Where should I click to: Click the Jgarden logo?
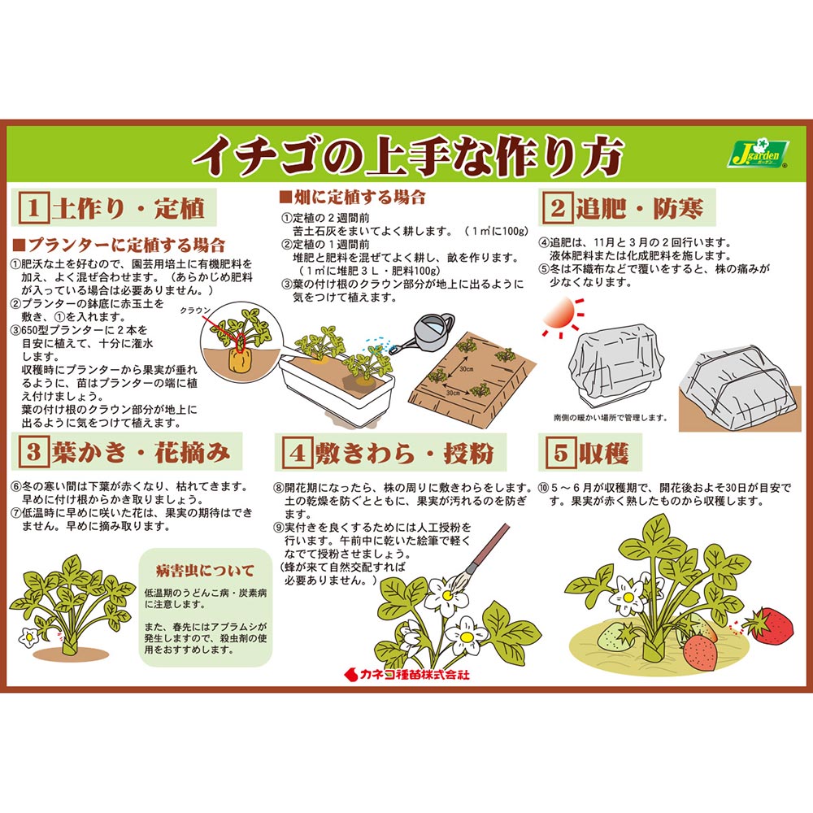pos(758,154)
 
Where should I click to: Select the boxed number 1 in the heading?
pos(33,208)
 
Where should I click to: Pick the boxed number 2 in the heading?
pos(558,207)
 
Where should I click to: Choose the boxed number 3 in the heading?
pos(33,451)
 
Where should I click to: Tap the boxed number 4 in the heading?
pos(298,452)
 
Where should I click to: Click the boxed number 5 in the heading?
pos(561,452)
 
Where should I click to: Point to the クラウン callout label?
pos(195,311)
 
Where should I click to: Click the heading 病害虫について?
pos(206,571)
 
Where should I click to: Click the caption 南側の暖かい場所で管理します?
pos(611,417)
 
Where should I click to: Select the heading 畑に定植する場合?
pos(353,197)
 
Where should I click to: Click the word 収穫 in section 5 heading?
pos(603,453)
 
